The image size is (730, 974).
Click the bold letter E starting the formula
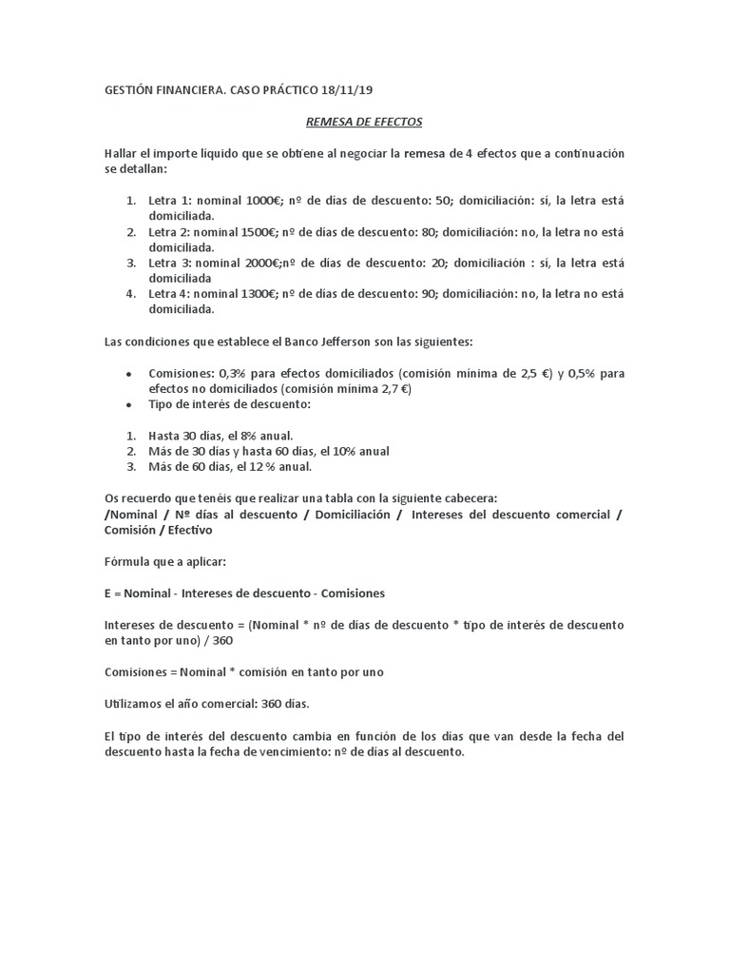(x=107, y=593)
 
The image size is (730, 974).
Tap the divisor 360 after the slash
(x=222, y=640)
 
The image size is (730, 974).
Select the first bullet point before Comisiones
(x=127, y=375)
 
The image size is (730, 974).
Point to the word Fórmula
(x=126, y=561)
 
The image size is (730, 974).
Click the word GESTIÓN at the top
(x=128, y=91)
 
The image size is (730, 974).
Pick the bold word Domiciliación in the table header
(x=353, y=515)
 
